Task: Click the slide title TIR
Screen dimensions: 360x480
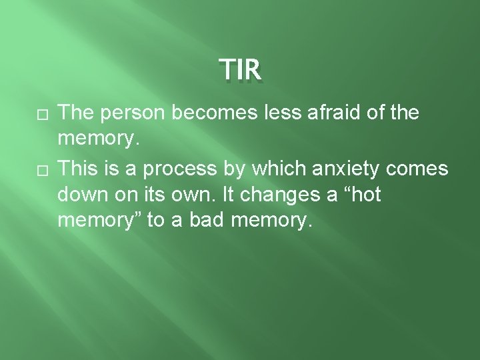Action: point(240,68)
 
